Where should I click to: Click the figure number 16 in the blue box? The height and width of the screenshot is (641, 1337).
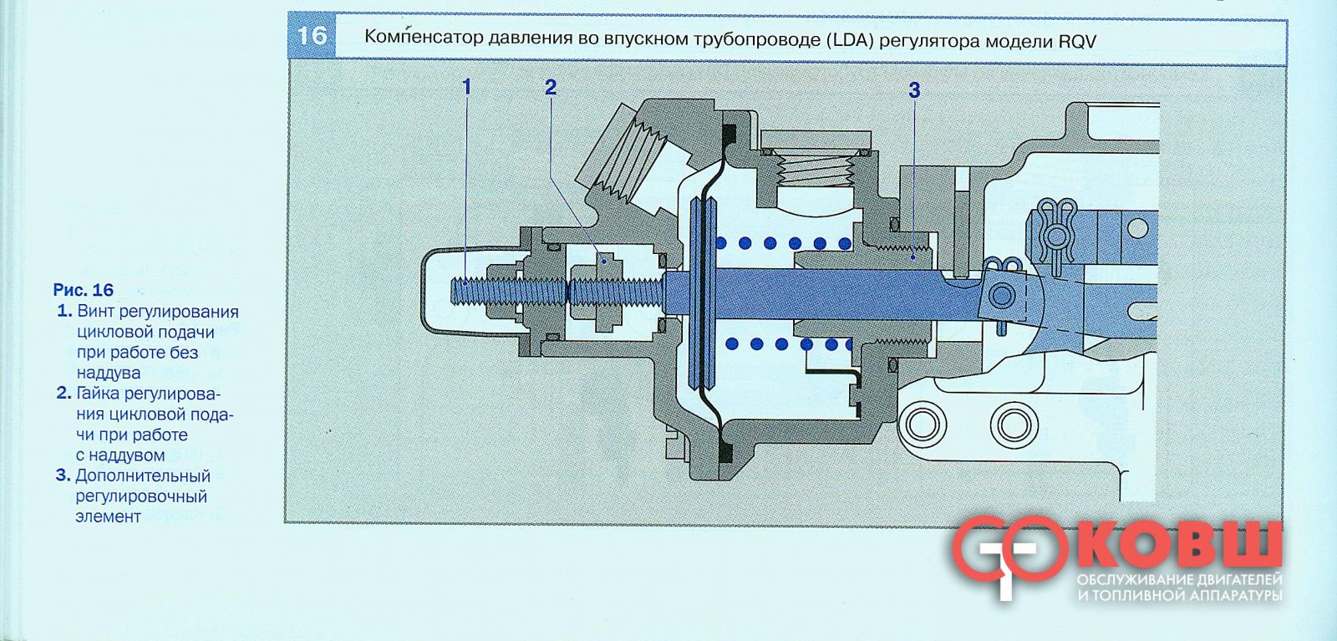(x=312, y=36)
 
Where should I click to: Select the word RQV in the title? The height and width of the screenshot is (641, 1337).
(x=1077, y=42)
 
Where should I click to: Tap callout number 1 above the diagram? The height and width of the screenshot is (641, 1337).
(x=467, y=87)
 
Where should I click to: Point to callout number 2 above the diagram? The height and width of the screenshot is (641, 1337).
(x=551, y=87)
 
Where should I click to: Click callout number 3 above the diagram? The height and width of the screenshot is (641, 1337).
(x=914, y=90)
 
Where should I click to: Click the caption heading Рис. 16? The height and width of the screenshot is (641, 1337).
(x=83, y=290)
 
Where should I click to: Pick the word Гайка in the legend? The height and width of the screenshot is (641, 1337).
(x=98, y=394)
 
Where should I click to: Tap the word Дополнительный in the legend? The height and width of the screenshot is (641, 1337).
(x=143, y=476)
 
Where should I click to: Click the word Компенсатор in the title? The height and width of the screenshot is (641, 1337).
(x=424, y=38)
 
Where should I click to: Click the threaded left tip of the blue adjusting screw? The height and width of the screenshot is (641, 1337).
(x=456, y=292)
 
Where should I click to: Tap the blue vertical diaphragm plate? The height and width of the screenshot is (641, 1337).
(x=702, y=292)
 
